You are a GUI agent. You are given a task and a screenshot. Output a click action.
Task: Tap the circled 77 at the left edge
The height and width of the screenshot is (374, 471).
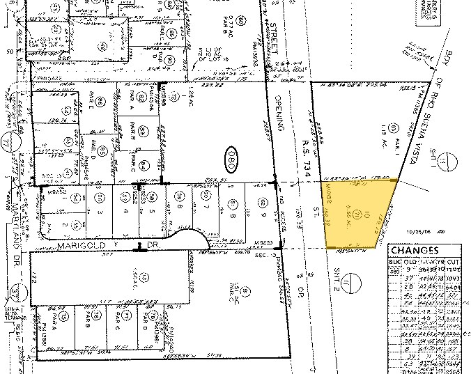[8, 142]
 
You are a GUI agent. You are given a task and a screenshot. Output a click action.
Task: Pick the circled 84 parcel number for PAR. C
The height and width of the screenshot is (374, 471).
[143, 165]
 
